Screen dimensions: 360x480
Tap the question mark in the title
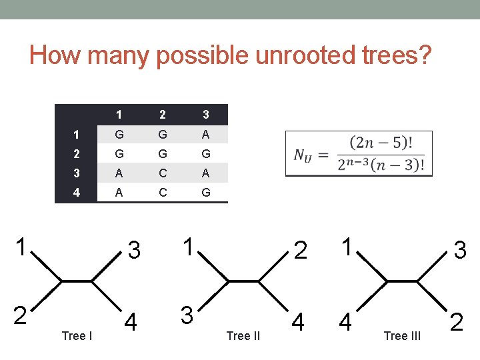click(425, 55)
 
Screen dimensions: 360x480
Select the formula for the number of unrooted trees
click(359, 154)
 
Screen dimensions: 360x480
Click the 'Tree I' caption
click(77, 335)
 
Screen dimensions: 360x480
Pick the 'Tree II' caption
click(243, 335)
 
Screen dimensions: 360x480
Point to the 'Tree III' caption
click(402, 335)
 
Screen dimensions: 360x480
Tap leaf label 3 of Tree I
click(134, 250)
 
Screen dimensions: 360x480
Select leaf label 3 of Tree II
click(189, 313)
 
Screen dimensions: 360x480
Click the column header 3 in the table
click(205, 114)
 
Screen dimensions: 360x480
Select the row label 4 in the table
click(76, 193)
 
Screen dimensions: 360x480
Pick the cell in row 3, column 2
click(162, 173)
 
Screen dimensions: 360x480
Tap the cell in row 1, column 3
click(205, 134)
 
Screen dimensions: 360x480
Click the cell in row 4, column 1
click(119, 193)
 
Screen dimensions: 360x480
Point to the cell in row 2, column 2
click(162, 153)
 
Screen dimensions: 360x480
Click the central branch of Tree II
click(243, 282)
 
